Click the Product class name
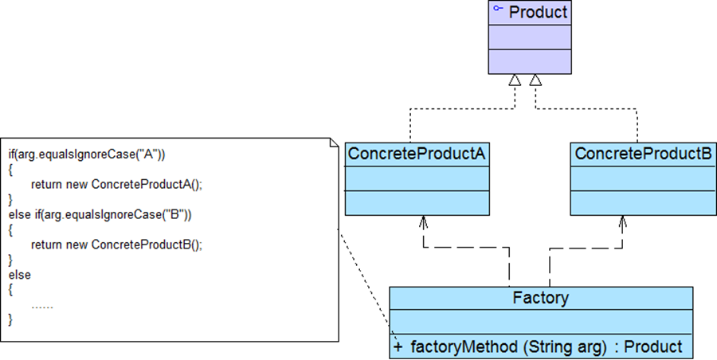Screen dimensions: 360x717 [x=538, y=12]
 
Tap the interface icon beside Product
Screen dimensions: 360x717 [x=498, y=9]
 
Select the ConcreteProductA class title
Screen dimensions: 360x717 [x=417, y=153]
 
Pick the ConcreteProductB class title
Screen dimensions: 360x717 [x=643, y=153]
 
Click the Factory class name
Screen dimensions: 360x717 [x=541, y=299]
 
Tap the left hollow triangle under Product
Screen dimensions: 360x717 [x=515, y=80]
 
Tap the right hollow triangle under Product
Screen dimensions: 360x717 [x=536, y=80]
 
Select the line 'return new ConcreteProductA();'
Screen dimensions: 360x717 [x=117, y=185]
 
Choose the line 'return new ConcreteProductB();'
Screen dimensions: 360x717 [x=117, y=245]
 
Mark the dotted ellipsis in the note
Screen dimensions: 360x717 [x=42, y=305]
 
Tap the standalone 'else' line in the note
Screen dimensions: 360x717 [x=19, y=275]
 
